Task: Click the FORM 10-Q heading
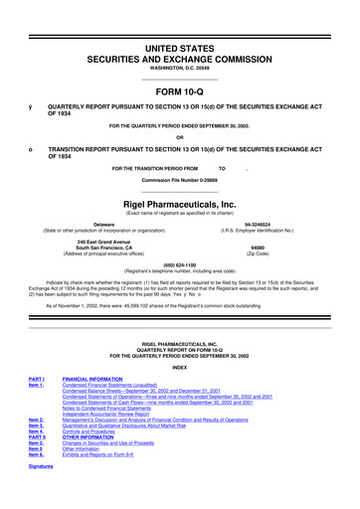pyautogui.click(x=179, y=84)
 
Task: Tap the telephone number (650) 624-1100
pyautogui.click(x=179, y=264)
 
